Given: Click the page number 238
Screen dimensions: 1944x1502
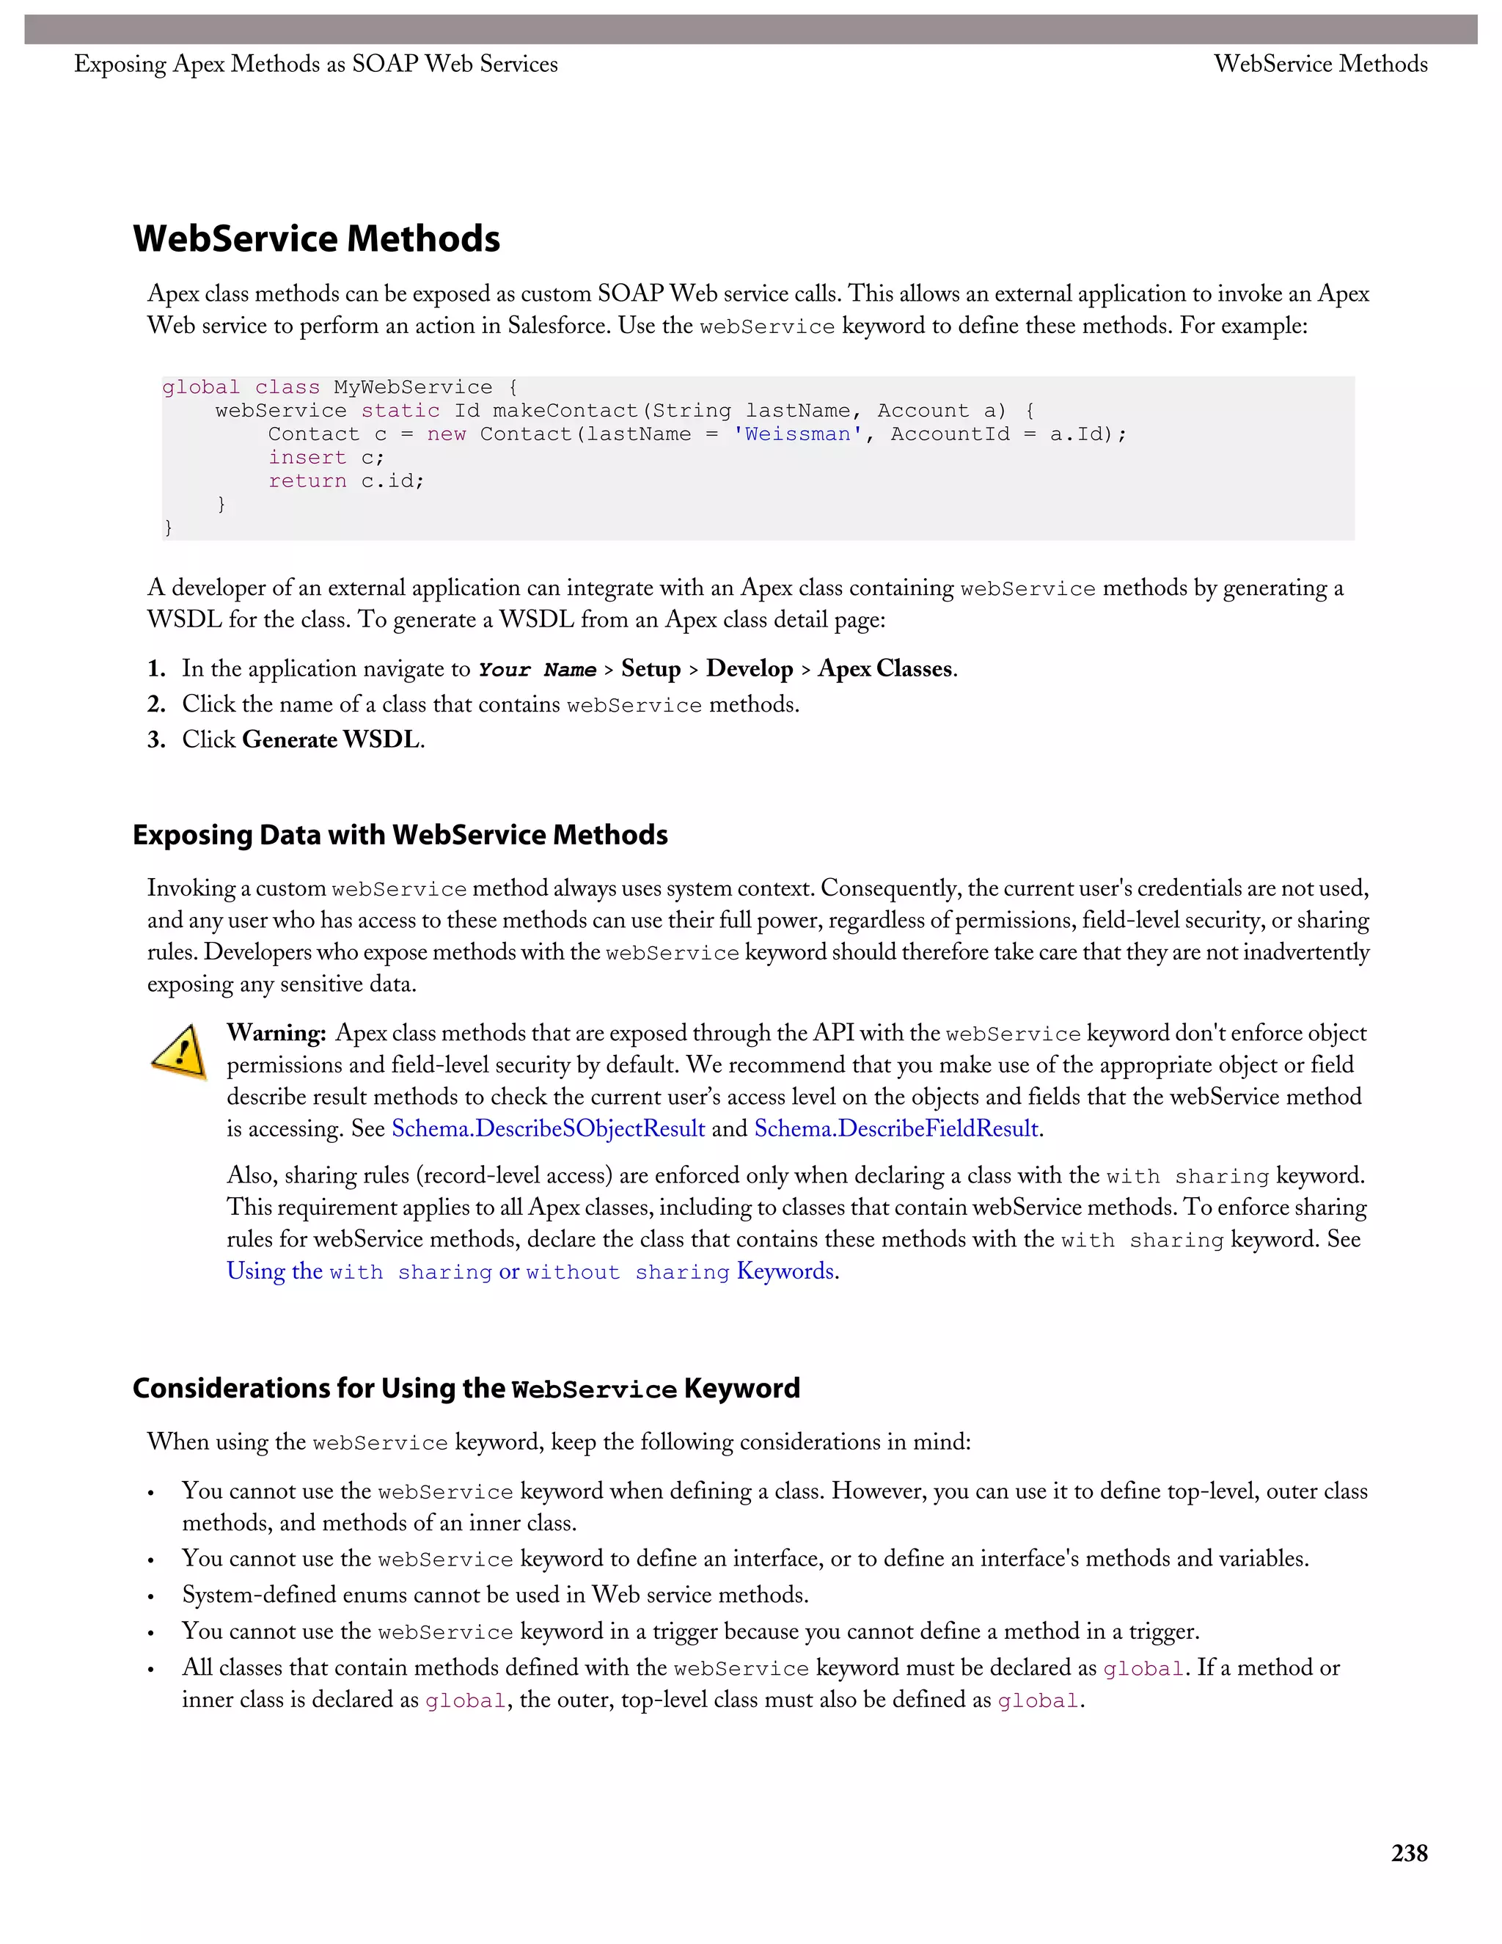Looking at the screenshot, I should pyautogui.click(x=1409, y=1853).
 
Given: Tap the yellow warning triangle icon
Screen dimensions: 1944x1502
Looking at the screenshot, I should pyautogui.click(x=179, y=1052).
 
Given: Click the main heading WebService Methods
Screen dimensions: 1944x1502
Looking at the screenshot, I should pyautogui.click(x=316, y=238).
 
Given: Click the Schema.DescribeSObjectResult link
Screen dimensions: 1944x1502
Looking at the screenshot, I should pyautogui.click(x=548, y=1129).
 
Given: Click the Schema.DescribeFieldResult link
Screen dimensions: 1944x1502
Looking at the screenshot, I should pyautogui.click(x=896, y=1129).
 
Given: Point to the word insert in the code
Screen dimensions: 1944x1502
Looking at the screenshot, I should pyautogui.click(x=307, y=458).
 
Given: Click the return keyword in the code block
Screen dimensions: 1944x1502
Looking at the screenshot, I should pyautogui.click(x=307, y=480).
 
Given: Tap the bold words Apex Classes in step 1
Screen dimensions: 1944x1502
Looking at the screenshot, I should pyautogui.click(x=885, y=668).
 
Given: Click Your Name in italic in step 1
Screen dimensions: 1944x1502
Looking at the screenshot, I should pyautogui.click(x=537, y=669).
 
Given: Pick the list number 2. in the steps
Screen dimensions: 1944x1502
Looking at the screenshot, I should pyautogui.click(x=157, y=704).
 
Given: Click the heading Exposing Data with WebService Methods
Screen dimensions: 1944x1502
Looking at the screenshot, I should pyautogui.click(x=400, y=835).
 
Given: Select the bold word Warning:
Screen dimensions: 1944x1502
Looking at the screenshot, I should pyautogui.click(x=276, y=1033).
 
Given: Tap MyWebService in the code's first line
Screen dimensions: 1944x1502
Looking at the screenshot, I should pyautogui.click(x=412, y=387).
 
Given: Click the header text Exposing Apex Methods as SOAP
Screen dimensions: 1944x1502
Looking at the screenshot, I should pyautogui.click(x=316, y=64).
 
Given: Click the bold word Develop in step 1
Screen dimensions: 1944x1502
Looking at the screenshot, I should pyautogui.click(x=750, y=668).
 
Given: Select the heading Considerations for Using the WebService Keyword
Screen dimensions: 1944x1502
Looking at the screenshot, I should pyautogui.click(x=466, y=1389).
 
